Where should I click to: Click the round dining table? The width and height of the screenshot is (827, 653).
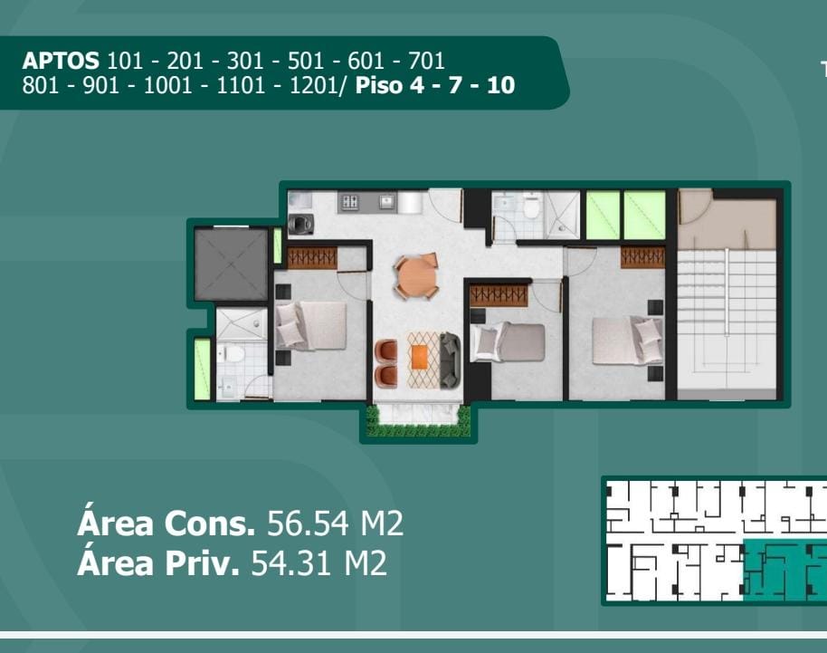click(x=416, y=275)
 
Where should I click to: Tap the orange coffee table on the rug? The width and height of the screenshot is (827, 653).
click(x=420, y=358)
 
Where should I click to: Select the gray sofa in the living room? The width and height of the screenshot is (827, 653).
click(x=450, y=360)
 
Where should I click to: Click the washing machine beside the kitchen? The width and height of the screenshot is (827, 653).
click(x=301, y=224)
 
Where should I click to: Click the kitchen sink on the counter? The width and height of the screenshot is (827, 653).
click(x=386, y=201)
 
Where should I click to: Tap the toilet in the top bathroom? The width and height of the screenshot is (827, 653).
click(x=531, y=206)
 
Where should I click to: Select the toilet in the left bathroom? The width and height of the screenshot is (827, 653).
click(x=231, y=353)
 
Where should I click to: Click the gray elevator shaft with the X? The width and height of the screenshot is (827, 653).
click(x=232, y=264)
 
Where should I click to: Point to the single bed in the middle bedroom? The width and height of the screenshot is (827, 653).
click(x=508, y=342)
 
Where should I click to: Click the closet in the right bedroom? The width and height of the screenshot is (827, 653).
click(x=642, y=257)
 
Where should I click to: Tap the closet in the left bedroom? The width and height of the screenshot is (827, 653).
click(x=312, y=258)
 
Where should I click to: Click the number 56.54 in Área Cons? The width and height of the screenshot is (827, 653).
click(x=308, y=523)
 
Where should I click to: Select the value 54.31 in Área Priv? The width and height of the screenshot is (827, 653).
click(x=292, y=563)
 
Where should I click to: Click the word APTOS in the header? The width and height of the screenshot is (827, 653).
click(x=61, y=62)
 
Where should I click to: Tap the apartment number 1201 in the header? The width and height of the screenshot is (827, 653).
click(x=314, y=85)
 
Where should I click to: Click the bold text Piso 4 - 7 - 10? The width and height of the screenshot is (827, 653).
click(x=435, y=85)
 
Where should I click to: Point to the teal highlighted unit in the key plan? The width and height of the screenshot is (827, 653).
click(x=784, y=570)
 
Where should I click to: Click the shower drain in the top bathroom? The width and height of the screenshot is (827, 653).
click(x=561, y=228)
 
